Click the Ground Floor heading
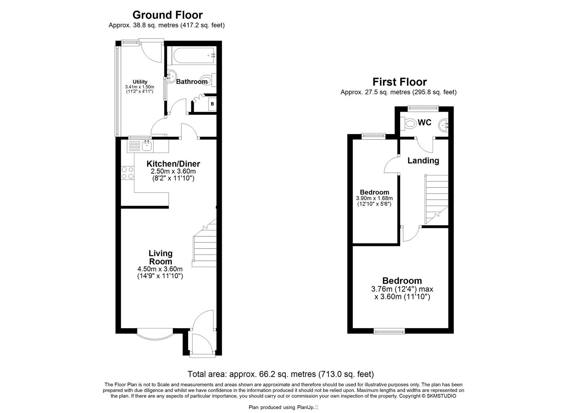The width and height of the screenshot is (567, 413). (167, 15)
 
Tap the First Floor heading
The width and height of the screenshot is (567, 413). (399, 82)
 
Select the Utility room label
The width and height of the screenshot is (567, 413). (140, 81)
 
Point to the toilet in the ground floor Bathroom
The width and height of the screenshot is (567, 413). (208, 80)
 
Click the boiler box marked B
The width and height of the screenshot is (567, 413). (212, 104)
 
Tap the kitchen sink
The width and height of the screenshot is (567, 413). (147, 145)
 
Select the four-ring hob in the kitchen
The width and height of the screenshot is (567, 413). (128, 173)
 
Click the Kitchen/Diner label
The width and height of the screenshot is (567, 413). (173, 164)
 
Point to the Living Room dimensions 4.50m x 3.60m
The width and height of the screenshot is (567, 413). (160, 269)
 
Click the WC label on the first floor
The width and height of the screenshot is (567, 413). (425, 122)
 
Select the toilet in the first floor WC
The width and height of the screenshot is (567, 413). (410, 124)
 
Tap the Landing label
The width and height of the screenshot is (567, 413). (423, 161)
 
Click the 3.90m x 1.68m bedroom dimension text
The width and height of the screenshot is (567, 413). (374, 198)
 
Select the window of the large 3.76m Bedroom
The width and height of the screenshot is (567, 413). (389, 332)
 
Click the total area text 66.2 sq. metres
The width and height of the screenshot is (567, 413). (280, 374)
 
